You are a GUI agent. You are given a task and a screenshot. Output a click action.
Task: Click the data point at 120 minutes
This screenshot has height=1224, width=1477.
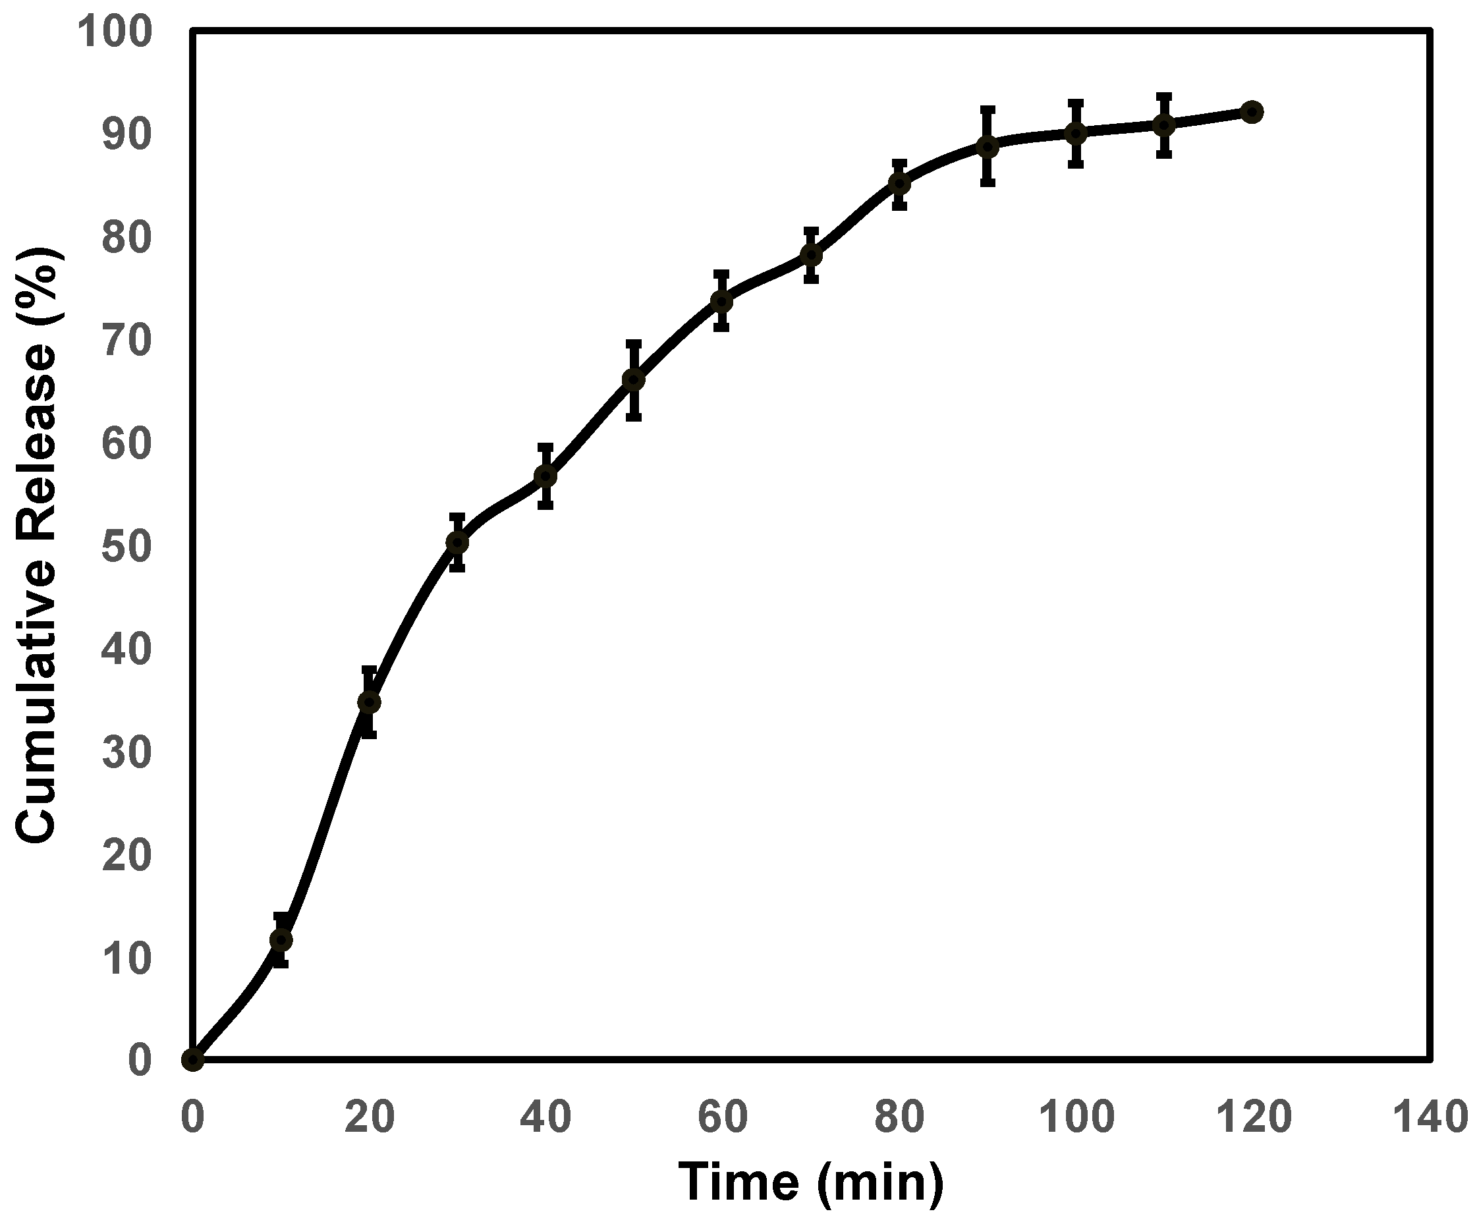point(1252,112)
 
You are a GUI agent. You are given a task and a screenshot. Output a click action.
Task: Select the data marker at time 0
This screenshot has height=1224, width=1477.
point(193,1059)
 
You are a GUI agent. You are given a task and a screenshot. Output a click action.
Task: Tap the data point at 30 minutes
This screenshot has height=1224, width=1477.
point(457,542)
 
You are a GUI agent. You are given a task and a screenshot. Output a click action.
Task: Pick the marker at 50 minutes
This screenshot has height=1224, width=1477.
point(634,380)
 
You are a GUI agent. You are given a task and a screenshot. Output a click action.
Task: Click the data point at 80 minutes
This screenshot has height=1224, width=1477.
point(899,184)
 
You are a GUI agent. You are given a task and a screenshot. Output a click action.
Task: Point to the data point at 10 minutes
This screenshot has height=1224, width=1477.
point(281,940)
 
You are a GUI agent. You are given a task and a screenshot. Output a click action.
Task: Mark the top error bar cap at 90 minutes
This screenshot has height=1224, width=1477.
point(988,109)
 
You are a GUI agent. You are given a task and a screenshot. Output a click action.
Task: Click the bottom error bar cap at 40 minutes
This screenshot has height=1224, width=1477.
point(545,506)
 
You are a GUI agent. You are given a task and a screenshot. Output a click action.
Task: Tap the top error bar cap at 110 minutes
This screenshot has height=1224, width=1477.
point(1164,96)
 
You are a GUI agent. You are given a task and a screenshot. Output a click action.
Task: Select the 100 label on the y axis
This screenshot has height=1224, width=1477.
point(114,32)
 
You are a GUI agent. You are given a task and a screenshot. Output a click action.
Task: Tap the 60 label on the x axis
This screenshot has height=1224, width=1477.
point(722,1117)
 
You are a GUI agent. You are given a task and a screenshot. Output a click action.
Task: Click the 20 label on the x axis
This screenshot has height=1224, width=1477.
point(369,1117)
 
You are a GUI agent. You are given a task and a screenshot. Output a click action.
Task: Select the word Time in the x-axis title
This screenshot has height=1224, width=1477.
point(738,1183)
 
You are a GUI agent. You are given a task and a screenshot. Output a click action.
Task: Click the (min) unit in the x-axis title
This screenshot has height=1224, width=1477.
point(881,1183)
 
